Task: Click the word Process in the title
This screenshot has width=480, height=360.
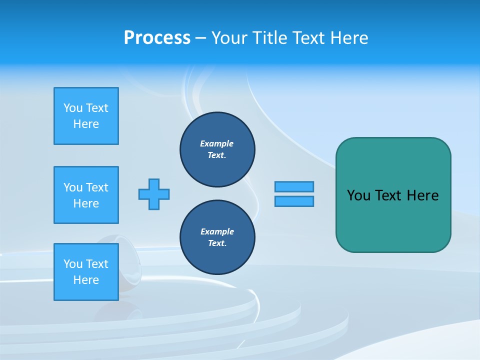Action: point(157,38)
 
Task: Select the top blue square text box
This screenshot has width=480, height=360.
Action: point(86,116)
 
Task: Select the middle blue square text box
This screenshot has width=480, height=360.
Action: point(86,195)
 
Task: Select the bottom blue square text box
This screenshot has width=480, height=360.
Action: point(86,272)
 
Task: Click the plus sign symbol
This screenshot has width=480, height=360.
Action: point(154,194)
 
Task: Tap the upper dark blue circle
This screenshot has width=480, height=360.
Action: point(217,149)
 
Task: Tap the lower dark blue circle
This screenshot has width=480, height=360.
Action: point(217,237)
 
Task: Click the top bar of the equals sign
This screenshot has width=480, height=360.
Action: point(294,186)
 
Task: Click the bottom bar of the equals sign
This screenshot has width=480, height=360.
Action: point(294,201)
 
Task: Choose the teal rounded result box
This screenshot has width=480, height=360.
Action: point(393,195)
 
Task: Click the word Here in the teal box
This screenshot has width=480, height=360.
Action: point(422,195)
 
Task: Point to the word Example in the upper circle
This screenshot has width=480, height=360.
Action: point(217,143)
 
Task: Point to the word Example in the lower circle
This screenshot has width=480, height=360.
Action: point(217,231)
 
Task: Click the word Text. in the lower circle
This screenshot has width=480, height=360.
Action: point(217,243)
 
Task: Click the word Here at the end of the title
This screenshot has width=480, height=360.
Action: point(350,38)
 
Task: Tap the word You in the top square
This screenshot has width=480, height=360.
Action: point(73,108)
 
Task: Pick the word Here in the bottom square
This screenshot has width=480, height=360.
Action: point(86,280)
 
